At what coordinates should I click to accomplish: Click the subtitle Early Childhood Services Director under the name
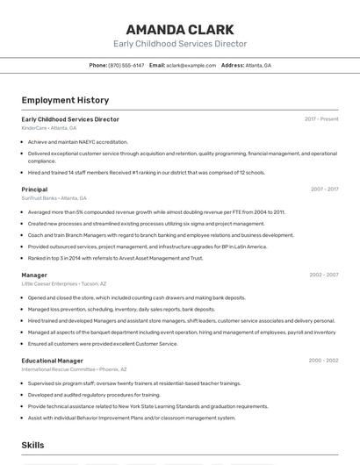click(x=179, y=43)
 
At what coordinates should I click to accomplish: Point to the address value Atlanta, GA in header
click(x=258, y=65)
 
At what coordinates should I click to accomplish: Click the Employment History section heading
click(x=65, y=100)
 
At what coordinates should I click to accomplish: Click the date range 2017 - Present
click(x=321, y=118)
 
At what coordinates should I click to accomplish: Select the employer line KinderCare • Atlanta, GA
click(x=49, y=128)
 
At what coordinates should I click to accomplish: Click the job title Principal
click(x=34, y=189)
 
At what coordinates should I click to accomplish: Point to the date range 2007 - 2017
click(x=324, y=189)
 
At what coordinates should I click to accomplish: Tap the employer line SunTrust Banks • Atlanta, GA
click(x=54, y=198)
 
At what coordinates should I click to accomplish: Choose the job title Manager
click(x=34, y=275)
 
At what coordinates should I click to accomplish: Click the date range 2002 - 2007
click(x=323, y=275)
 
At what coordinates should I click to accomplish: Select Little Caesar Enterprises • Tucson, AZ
click(x=64, y=283)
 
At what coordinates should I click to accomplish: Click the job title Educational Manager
click(x=53, y=361)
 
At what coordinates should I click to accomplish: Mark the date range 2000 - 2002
click(x=323, y=361)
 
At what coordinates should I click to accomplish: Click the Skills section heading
click(x=32, y=446)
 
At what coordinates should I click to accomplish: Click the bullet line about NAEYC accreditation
click(x=77, y=141)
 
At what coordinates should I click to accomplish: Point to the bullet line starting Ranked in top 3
click(x=115, y=258)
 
